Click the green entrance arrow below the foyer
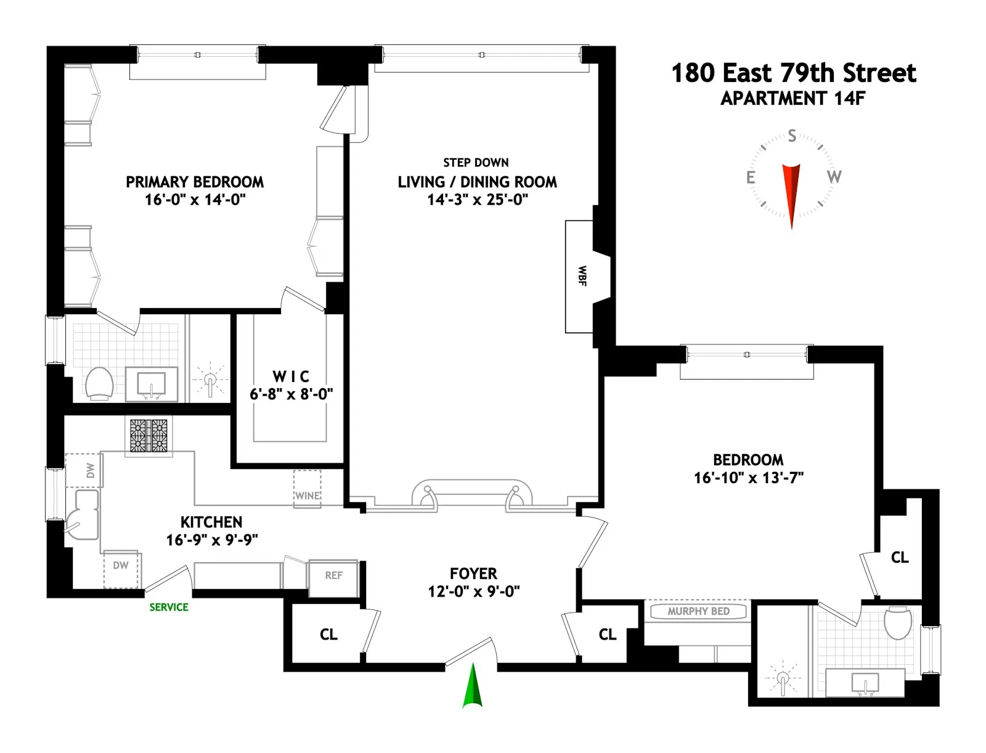pyautogui.click(x=473, y=686)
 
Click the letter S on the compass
pyautogui.click(x=792, y=136)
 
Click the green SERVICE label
pyautogui.click(x=169, y=607)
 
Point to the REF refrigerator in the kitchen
pyautogui.click(x=333, y=576)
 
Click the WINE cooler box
pyautogui.click(x=307, y=489)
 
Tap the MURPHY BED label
pyautogui.click(x=698, y=611)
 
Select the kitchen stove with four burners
pyautogui.click(x=149, y=436)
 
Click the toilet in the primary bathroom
pyautogui.click(x=99, y=383)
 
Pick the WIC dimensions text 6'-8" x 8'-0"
pyautogui.click(x=291, y=394)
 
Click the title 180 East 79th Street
pyautogui.click(x=793, y=73)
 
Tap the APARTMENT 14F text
pyautogui.click(x=793, y=99)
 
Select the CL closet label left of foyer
pyautogui.click(x=328, y=635)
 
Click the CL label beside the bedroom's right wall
pyautogui.click(x=900, y=558)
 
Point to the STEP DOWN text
pyautogui.click(x=476, y=163)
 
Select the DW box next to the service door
pyautogui.click(x=121, y=568)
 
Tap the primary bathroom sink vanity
pyautogui.click(x=152, y=385)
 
